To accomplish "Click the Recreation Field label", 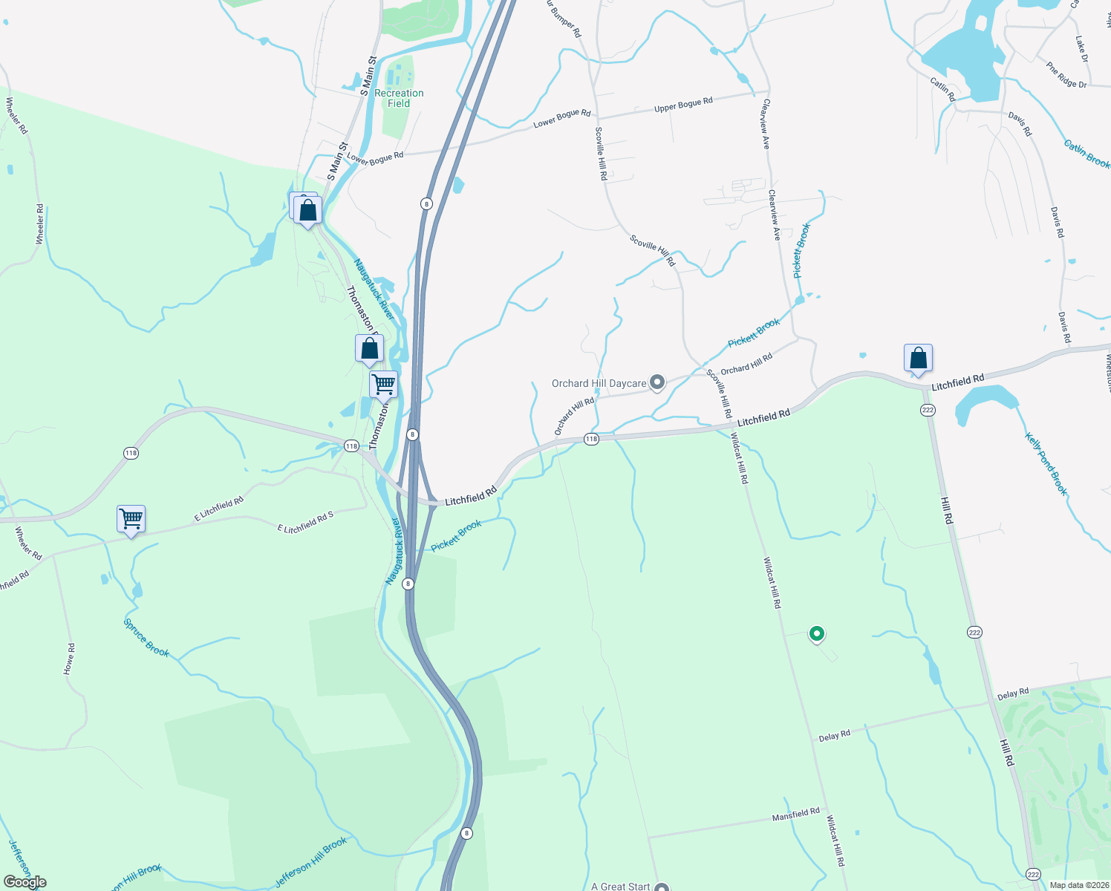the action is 399,98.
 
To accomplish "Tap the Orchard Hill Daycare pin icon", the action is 657,383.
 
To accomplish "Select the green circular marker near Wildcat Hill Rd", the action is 817,634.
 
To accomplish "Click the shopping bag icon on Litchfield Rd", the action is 918,359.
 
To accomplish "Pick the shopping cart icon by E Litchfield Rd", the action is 131,519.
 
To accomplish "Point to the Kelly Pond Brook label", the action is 1046,464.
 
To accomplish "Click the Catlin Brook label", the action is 1086,154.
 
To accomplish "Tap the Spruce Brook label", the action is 146,638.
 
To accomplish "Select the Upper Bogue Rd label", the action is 683,105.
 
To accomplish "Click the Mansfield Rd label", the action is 795,815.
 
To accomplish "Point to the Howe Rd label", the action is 69,659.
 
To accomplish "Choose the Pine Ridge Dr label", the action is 1066,75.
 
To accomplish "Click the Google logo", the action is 25,882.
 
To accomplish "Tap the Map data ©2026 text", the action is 1077,885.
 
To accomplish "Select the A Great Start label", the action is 620,886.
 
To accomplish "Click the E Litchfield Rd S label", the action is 305,523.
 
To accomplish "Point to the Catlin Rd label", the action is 942,89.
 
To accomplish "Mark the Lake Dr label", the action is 1081,48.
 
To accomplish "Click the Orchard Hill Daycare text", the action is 599,383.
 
